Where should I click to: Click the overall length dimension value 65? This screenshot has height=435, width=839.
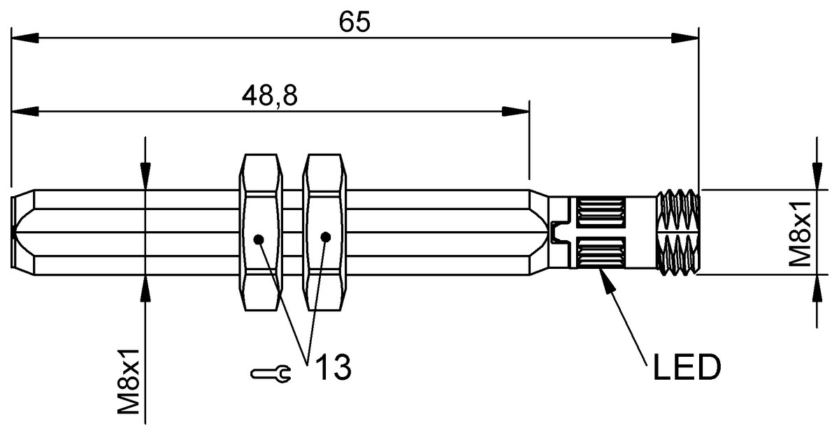354,22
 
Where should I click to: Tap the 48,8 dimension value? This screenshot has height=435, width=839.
270,96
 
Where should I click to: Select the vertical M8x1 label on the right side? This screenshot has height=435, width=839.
800,234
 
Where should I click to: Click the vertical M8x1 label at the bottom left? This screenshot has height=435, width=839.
129,381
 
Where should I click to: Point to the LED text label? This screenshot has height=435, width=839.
687,368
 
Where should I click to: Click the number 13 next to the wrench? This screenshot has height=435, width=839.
334,367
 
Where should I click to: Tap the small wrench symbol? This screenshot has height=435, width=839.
271,374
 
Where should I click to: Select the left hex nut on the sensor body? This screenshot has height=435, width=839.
261,233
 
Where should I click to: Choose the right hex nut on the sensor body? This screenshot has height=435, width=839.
324,233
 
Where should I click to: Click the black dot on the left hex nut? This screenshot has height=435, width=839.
259,239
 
